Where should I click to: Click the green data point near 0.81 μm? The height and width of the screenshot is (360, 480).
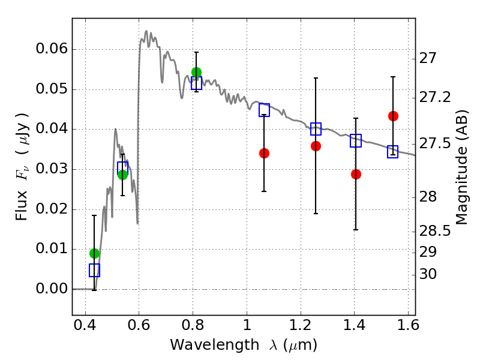tap(196, 72)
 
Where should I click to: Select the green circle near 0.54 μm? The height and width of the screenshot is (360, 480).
tap(122, 175)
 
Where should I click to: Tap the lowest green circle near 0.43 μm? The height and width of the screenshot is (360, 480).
tap(94, 253)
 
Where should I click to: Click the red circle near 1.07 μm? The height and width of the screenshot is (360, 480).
tap(264, 153)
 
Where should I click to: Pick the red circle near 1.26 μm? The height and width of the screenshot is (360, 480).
tap(316, 146)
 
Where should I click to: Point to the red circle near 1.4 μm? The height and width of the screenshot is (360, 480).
tap(356, 174)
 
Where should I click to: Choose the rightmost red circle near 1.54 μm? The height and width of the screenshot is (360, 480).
tap(393, 116)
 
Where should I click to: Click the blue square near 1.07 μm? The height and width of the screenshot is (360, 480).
tap(264, 110)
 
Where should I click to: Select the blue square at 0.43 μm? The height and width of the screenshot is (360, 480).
tap(94, 270)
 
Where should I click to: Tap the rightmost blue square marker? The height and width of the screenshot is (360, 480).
tap(393, 152)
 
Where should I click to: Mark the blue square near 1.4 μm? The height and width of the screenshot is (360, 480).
tap(356, 141)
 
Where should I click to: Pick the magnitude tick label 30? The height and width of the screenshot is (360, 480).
tap(429, 274)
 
